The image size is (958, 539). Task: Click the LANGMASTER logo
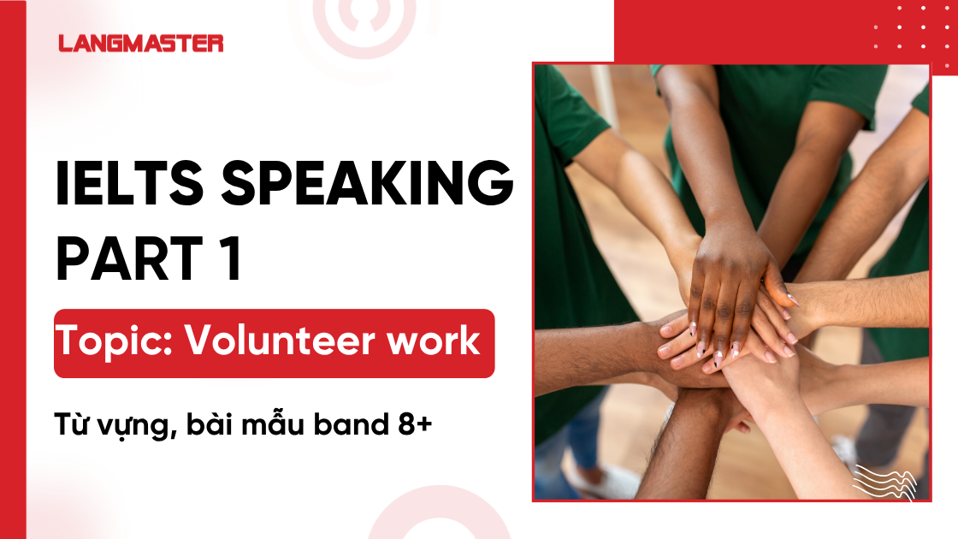click(x=141, y=43)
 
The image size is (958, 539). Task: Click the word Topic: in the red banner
click(x=115, y=342)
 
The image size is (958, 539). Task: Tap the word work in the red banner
click(x=437, y=342)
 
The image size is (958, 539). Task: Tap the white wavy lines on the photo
click(x=884, y=480)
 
